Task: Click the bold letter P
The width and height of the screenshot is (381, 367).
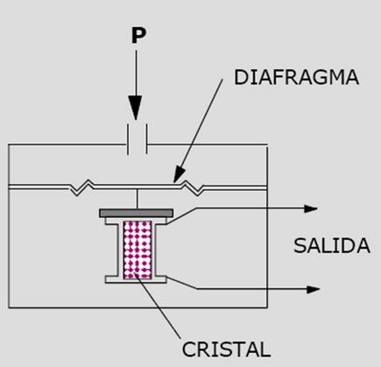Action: pos(138,35)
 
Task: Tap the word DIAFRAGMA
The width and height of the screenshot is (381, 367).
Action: pos(296,78)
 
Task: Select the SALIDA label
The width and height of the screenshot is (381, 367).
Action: pos(332,246)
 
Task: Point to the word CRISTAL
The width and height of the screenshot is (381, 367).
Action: pos(226,349)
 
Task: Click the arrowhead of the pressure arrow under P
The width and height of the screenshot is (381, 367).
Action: pos(136,108)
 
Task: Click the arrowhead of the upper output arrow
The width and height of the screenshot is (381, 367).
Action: pos(311,208)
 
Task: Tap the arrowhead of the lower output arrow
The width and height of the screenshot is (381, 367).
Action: pos(313,289)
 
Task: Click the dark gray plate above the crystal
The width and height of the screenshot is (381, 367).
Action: pos(137,213)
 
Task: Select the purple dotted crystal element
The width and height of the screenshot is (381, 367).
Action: pos(138,250)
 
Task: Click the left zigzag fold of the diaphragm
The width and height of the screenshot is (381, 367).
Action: pos(82,187)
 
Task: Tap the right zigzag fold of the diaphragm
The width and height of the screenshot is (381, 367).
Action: pos(192,187)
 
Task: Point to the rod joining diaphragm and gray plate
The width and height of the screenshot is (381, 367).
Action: pos(138,199)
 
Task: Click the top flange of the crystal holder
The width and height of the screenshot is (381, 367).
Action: pos(136,221)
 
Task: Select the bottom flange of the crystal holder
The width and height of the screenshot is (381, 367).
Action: pos(136,279)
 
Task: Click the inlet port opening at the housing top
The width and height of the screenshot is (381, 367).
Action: pos(138,139)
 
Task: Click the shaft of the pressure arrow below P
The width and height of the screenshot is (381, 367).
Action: pos(136,73)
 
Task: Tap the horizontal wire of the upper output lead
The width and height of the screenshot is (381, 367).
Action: pos(250,208)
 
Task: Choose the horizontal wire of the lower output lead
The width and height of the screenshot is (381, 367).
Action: pos(251,289)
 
